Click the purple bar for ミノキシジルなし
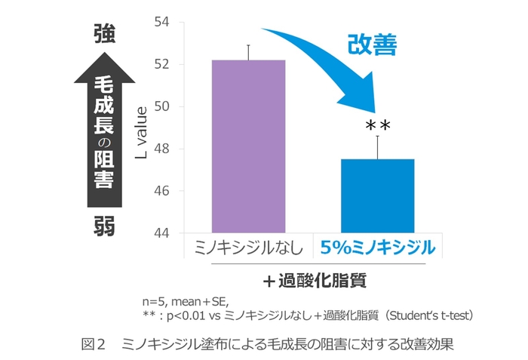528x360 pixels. click(x=248, y=146)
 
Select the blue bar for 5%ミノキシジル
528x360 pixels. click(x=378, y=196)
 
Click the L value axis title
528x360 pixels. click(x=141, y=129)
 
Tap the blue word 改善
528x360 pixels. click(x=372, y=45)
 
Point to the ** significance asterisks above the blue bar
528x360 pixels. click(x=378, y=125)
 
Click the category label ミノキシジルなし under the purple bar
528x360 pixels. click(x=248, y=248)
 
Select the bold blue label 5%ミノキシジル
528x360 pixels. click(x=378, y=248)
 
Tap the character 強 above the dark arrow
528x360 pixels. click(x=104, y=34)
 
